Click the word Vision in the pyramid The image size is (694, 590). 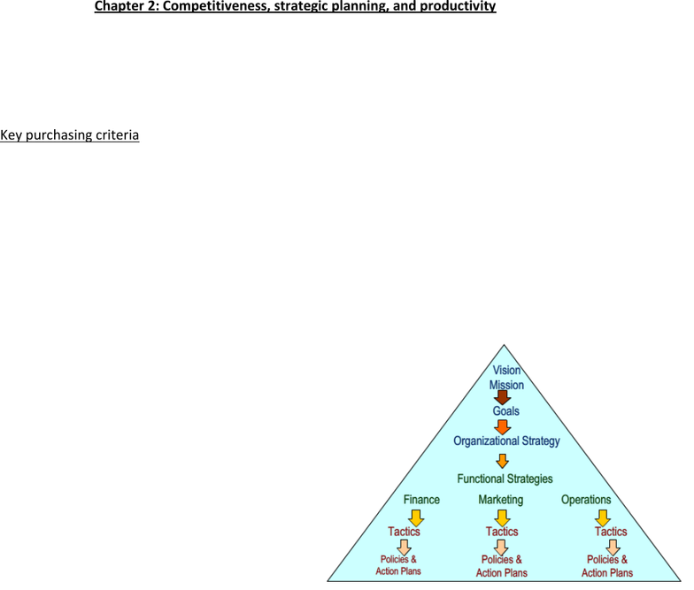(x=506, y=370)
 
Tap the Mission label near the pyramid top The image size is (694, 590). (x=506, y=385)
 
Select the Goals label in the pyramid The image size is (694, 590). (x=506, y=410)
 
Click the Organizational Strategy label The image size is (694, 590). (x=506, y=441)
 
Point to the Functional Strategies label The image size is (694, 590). (x=505, y=479)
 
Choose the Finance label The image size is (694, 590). (x=421, y=500)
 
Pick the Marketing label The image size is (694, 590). (x=501, y=500)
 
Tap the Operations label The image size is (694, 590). (x=586, y=500)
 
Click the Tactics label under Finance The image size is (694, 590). (x=404, y=531)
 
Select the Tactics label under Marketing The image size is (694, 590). (x=502, y=531)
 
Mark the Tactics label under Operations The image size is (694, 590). (x=611, y=531)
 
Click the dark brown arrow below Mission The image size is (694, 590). (x=503, y=397)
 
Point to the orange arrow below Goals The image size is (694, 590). (x=503, y=427)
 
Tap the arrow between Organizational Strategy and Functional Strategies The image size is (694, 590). (x=502, y=461)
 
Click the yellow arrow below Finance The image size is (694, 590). (x=416, y=518)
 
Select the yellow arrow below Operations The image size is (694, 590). (x=603, y=518)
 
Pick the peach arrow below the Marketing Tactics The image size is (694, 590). (x=501, y=548)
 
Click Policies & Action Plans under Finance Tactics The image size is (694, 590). (x=398, y=565)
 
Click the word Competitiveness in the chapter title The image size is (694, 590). (x=214, y=6)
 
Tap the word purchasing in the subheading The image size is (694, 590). (x=53, y=134)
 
